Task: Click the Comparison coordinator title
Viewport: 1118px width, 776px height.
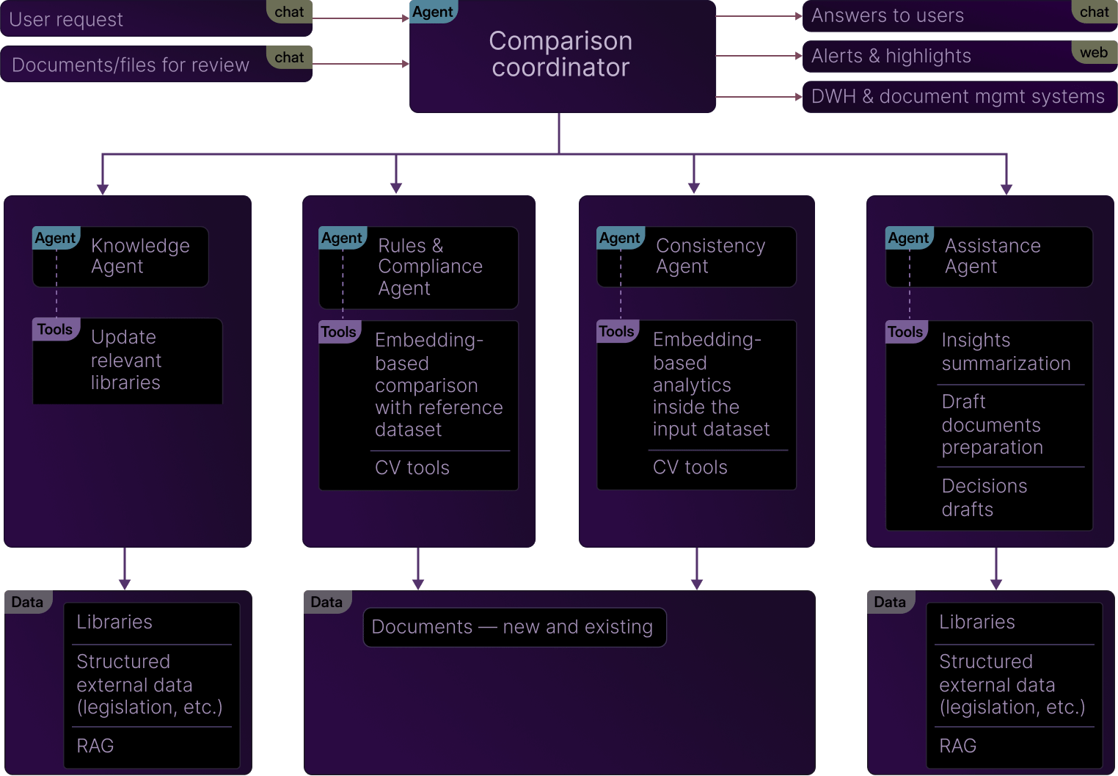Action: click(x=561, y=54)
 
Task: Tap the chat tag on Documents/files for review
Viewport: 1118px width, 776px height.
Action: click(x=289, y=57)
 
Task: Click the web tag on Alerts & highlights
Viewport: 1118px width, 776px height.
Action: click(x=1093, y=52)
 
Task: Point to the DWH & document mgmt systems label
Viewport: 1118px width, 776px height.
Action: click(x=957, y=97)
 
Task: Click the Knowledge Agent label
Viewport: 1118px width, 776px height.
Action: click(x=140, y=256)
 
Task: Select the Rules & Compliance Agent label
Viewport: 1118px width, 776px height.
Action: click(x=430, y=266)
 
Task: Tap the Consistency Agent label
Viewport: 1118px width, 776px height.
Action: click(x=710, y=256)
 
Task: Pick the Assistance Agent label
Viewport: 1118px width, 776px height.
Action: click(x=992, y=256)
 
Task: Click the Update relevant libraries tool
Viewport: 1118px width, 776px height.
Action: click(x=126, y=360)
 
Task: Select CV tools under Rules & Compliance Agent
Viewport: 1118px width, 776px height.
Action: click(x=412, y=468)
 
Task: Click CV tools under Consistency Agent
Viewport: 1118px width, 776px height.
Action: click(x=690, y=467)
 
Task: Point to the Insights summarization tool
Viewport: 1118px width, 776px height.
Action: click(x=1006, y=352)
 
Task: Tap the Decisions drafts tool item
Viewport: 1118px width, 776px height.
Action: click(x=984, y=498)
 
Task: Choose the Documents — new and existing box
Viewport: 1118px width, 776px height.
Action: click(x=514, y=627)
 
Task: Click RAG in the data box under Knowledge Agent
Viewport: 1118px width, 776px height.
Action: click(x=95, y=746)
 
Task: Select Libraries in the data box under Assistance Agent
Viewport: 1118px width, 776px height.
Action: click(x=977, y=622)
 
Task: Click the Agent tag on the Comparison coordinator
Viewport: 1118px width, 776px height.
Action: click(x=433, y=12)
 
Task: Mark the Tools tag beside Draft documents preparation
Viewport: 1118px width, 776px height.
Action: click(x=905, y=332)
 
